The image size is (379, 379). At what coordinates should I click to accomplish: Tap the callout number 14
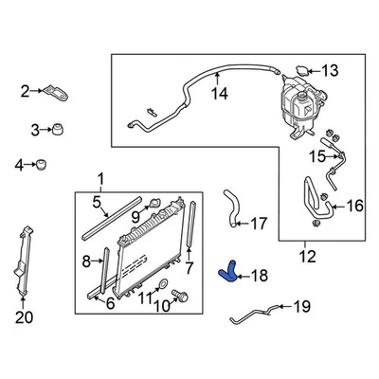click(219, 93)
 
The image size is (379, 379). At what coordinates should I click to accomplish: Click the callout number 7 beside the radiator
click(189, 269)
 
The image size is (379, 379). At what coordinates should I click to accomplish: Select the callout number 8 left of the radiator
click(84, 260)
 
